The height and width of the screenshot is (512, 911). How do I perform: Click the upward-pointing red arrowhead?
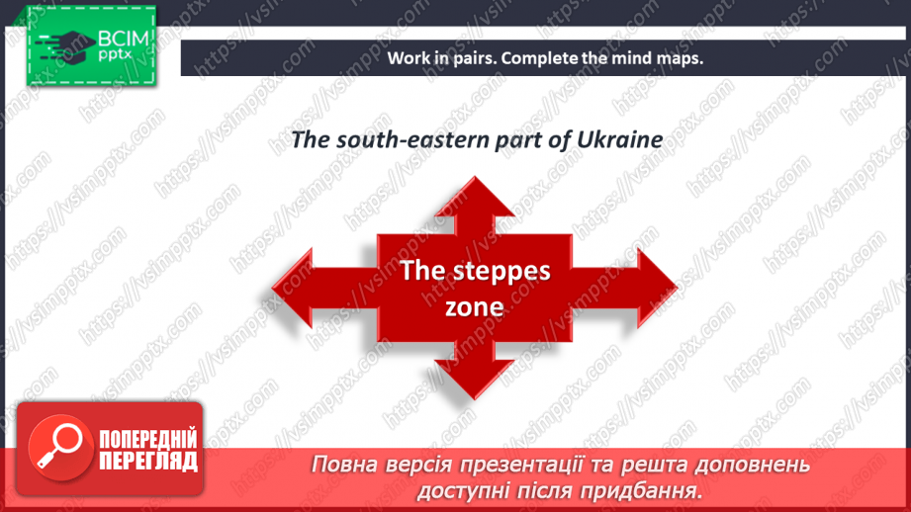click(474, 198)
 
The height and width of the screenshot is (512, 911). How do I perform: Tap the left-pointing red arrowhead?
click(293, 288)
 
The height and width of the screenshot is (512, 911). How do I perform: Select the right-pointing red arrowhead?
click(657, 288)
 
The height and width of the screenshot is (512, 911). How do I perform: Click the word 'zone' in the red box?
click(474, 307)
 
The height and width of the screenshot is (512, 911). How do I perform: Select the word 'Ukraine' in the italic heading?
click(619, 140)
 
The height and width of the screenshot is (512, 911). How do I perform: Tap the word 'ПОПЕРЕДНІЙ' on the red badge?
click(148, 440)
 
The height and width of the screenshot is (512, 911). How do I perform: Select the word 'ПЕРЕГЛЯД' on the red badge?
click(148, 461)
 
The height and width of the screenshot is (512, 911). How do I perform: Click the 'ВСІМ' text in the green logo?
click(124, 39)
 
